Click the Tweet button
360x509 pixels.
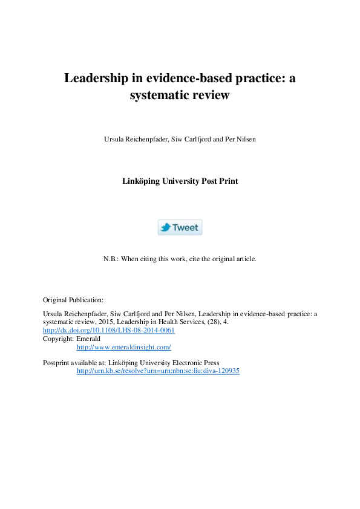[x=180, y=227]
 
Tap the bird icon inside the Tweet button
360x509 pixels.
[x=165, y=227]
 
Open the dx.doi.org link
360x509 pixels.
[x=109, y=331]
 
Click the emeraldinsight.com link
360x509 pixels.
[x=123, y=347]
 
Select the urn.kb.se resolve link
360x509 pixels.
[x=158, y=371]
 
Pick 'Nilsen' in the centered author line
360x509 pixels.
[x=245, y=140]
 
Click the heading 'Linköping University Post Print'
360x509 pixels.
[x=180, y=181]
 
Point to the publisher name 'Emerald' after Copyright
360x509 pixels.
[x=88, y=339]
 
